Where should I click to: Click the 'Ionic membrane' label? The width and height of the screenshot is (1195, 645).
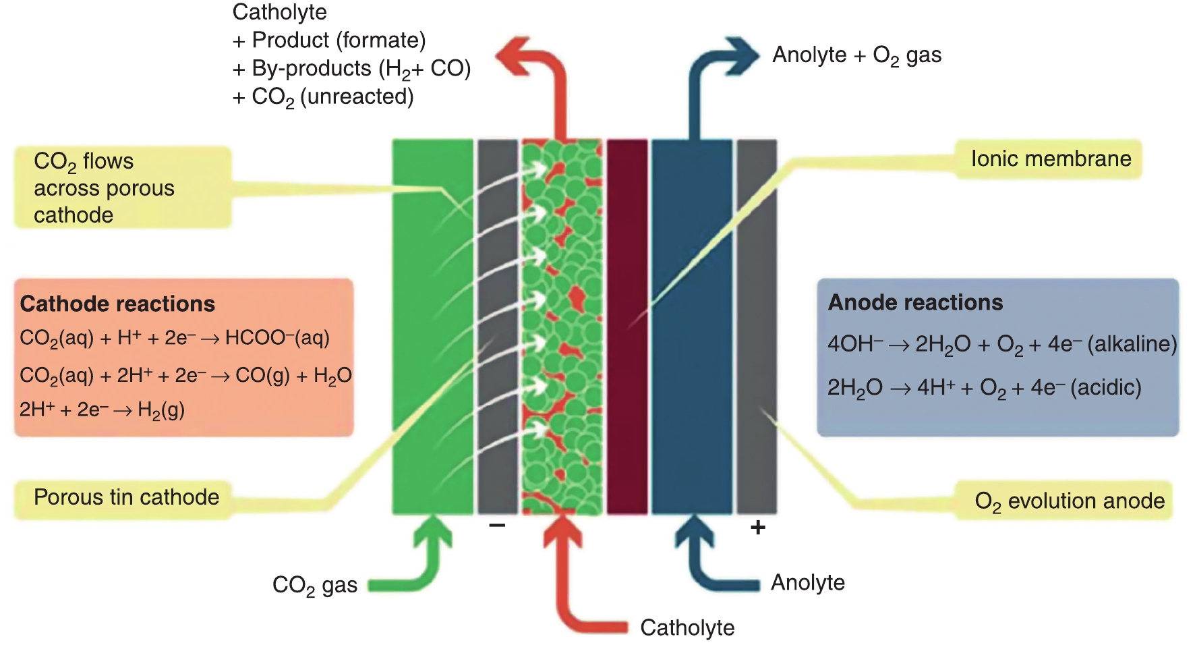1050,159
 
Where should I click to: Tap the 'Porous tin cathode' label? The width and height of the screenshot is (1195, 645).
126,498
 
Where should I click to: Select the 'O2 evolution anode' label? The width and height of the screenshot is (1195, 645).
1069,501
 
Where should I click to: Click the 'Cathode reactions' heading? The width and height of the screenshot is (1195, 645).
117,304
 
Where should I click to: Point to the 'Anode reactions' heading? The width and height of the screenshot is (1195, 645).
915,302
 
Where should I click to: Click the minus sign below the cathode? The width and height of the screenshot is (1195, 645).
497,525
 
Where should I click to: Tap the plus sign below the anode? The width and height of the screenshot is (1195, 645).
757,527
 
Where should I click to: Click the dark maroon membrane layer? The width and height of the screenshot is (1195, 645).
627,324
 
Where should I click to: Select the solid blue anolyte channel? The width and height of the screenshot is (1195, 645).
691,324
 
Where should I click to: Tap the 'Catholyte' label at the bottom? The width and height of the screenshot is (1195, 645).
687,627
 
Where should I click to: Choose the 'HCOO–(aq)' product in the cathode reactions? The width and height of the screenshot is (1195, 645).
277,337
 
